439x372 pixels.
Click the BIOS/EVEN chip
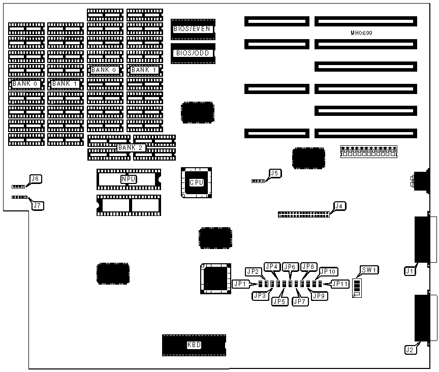pos(193,29)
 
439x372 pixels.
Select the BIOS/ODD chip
pos(193,53)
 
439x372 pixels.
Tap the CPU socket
pos(196,182)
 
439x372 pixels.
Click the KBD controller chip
pos(194,345)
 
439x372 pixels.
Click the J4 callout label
pos(339,206)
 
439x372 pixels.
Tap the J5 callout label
pos(274,173)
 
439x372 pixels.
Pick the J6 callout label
pos(36,179)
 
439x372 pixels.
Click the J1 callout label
pos(410,272)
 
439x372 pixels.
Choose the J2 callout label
pos(410,349)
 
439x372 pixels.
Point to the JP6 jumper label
pos(290,267)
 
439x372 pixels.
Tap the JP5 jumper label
pos(279,301)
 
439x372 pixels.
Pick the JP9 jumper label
pos(319,295)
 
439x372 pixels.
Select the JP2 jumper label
pos(253,271)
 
